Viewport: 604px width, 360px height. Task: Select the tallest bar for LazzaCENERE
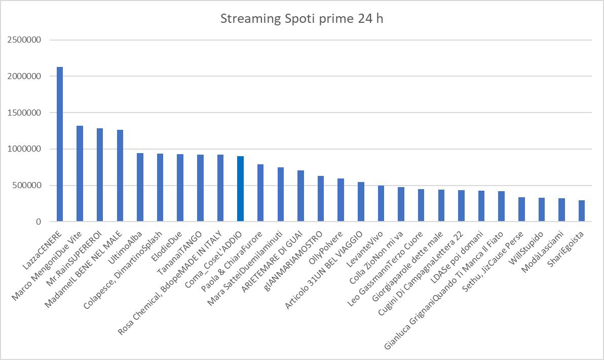pyautogui.click(x=60, y=145)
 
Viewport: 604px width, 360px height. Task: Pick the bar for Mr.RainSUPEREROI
pyautogui.click(x=100, y=175)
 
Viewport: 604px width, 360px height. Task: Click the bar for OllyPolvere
pyautogui.click(x=341, y=200)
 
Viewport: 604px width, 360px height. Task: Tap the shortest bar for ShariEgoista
pyautogui.click(x=581, y=211)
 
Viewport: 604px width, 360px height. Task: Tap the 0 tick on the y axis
pyautogui.click(x=39, y=222)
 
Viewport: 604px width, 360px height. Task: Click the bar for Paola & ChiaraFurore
pyautogui.click(x=260, y=193)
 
